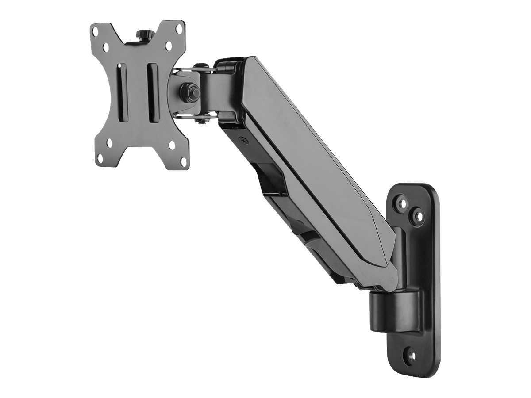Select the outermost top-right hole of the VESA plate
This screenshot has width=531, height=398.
point(178,31)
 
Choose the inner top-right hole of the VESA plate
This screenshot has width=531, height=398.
point(168,46)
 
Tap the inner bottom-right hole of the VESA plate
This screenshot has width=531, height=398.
point(170,144)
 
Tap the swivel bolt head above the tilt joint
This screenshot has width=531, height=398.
point(202,67)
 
